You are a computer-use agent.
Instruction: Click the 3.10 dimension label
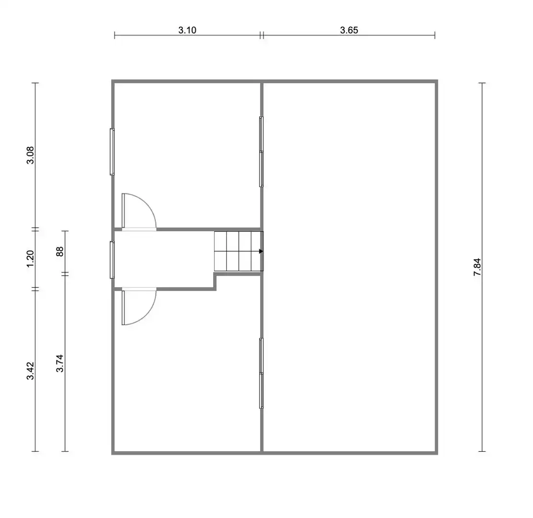click(x=187, y=30)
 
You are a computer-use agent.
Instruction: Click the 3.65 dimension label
click(x=349, y=30)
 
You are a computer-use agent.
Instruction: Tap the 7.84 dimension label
click(x=477, y=267)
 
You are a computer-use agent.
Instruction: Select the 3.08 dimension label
click(x=30, y=155)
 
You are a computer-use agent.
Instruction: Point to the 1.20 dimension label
click(x=30, y=259)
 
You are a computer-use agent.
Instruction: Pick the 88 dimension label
click(x=60, y=252)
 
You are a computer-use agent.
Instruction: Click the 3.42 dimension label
click(x=30, y=371)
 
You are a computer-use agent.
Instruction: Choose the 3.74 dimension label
click(x=60, y=363)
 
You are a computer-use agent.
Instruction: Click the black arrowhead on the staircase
click(x=261, y=251)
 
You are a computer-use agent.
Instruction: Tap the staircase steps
click(x=239, y=251)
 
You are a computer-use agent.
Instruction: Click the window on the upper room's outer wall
click(x=112, y=152)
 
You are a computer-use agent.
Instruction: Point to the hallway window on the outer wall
click(x=112, y=260)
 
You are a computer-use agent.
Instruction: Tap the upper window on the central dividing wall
click(x=261, y=152)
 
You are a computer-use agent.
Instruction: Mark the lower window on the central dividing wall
click(x=261, y=373)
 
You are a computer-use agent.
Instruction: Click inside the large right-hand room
click(x=349, y=267)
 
